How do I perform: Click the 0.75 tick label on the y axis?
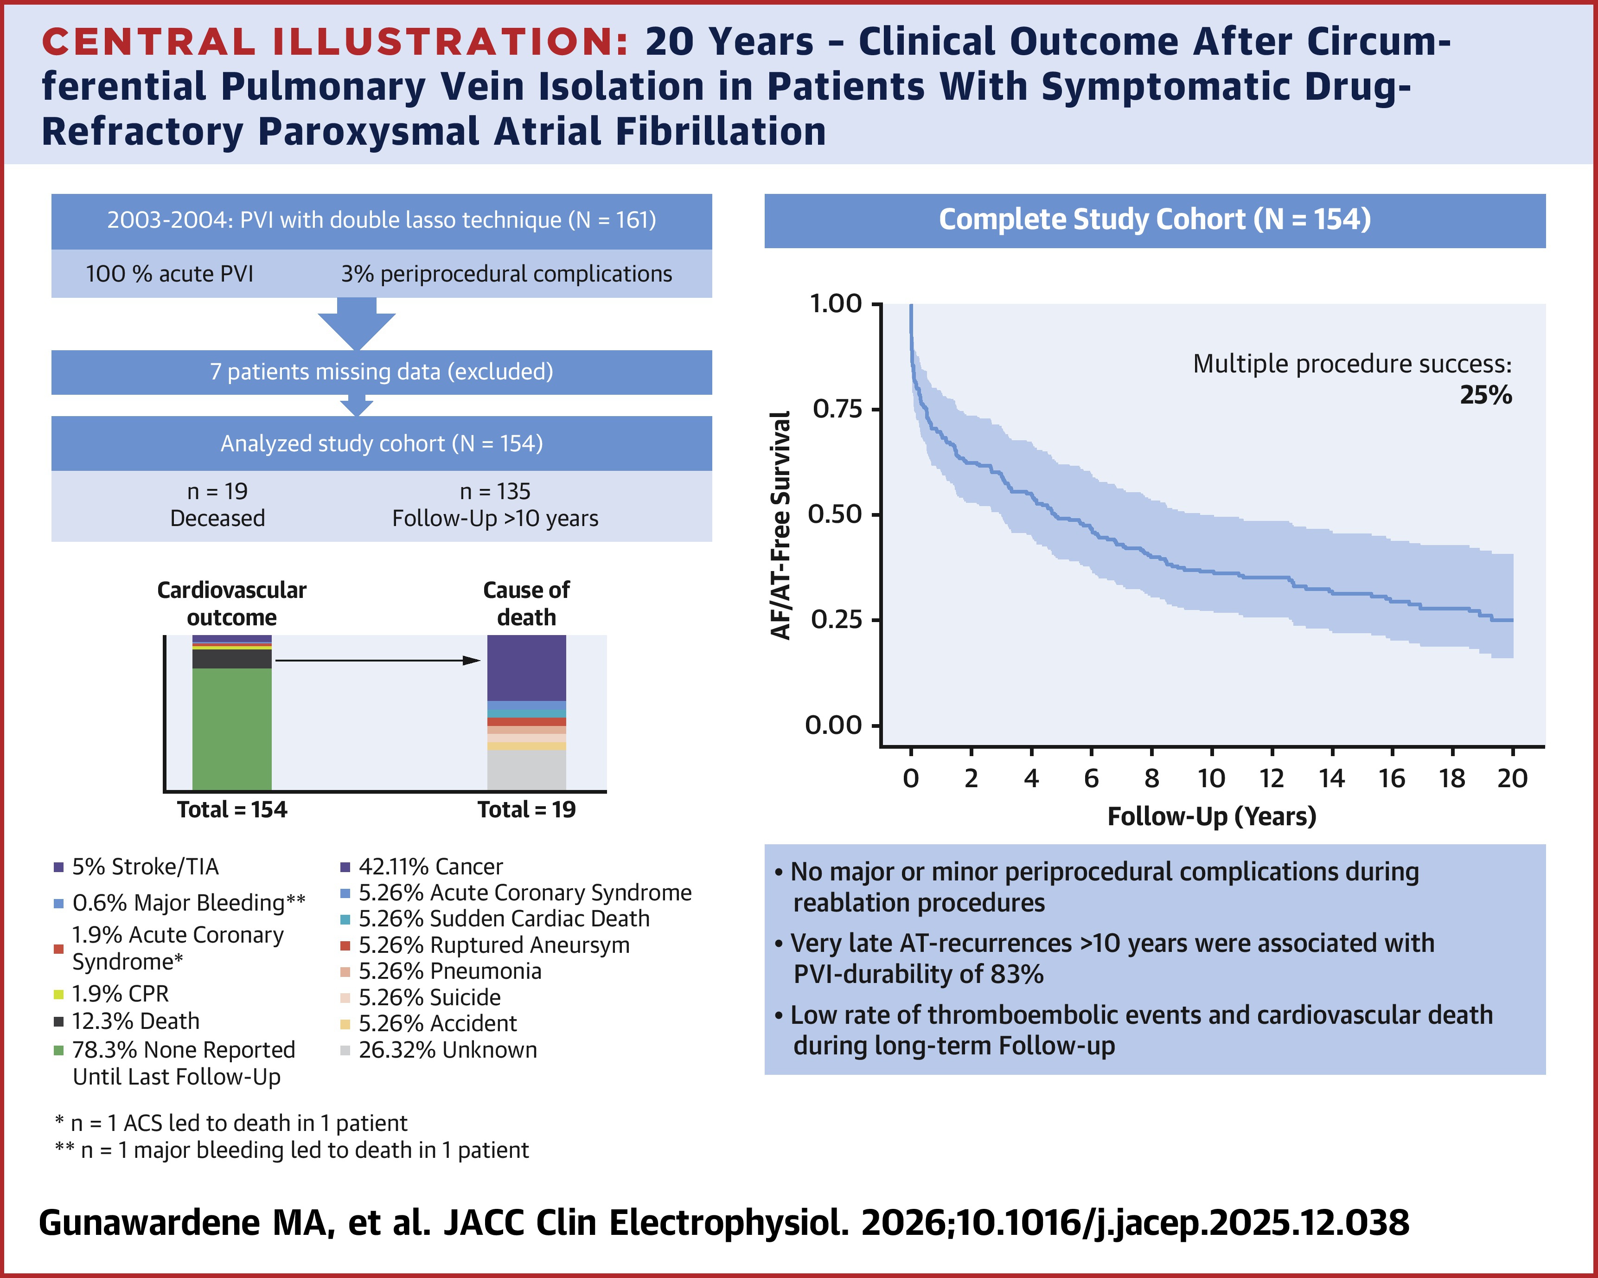pyautogui.click(x=837, y=409)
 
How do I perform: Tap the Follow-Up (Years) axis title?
pyautogui.click(x=1211, y=816)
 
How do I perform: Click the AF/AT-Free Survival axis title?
pyautogui.click(x=781, y=525)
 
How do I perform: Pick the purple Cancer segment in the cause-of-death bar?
pyautogui.click(x=526, y=667)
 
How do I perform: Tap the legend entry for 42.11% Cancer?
pyautogui.click(x=430, y=867)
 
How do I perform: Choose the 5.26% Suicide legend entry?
pyautogui.click(x=429, y=997)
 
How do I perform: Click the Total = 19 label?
pyautogui.click(x=526, y=809)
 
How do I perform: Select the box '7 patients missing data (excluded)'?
pyautogui.click(x=381, y=372)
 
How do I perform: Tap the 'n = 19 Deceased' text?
pyautogui.click(x=217, y=505)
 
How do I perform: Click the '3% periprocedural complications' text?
pyautogui.click(x=506, y=274)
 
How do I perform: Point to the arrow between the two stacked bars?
pyautogui.click(x=378, y=660)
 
